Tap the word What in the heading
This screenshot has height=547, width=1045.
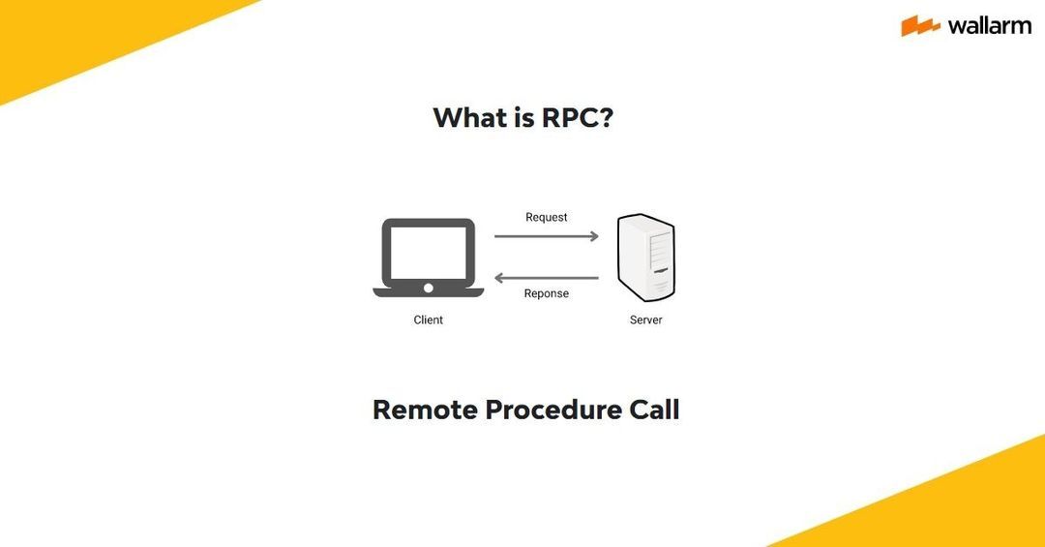pyautogui.click(x=469, y=117)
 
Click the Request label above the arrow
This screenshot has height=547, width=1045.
pyautogui.click(x=547, y=217)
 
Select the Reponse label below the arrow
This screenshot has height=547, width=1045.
pyautogui.click(x=547, y=293)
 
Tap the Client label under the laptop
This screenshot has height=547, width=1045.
pyautogui.click(x=429, y=319)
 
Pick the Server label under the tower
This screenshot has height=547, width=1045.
pyautogui.click(x=646, y=319)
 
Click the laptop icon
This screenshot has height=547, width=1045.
pyautogui.click(x=429, y=257)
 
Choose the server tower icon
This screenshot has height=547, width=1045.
pyautogui.click(x=646, y=258)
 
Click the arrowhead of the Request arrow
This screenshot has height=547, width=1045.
pyautogui.click(x=594, y=236)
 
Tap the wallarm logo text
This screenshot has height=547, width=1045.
pyautogui.click(x=990, y=26)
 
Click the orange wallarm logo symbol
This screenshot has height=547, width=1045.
pyautogui.click(x=920, y=26)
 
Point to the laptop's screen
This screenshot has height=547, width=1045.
pyautogui.click(x=429, y=250)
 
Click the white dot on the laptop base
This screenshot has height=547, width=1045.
pyautogui.click(x=429, y=288)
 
